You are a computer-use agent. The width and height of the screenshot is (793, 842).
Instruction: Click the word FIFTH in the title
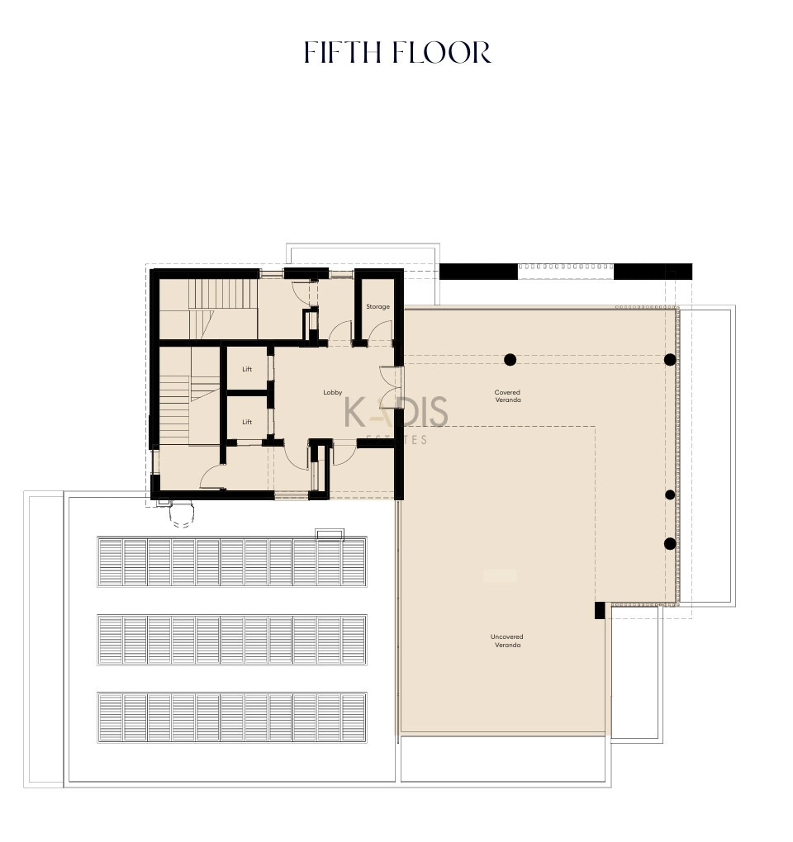coord(342,52)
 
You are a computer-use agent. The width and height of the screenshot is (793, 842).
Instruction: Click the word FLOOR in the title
coord(442,52)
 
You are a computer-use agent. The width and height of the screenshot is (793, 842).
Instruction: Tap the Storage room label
coord(378,306)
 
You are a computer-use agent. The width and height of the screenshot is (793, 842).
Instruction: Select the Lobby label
coord(333,393)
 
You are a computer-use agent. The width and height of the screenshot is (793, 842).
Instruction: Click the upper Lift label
coord(247,369)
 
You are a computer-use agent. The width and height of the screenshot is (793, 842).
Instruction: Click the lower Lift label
coord(247,422)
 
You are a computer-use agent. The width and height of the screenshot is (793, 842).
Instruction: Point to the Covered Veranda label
coord(508,395)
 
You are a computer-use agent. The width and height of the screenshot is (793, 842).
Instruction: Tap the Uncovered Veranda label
coord(506,641)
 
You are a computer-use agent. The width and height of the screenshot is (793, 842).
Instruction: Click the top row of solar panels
coord(232,561)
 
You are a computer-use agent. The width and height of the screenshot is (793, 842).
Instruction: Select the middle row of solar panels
coord(232,640)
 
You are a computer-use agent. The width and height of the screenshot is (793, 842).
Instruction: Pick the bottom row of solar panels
coord(232,718)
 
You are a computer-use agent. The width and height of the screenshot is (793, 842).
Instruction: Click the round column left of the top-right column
coord(510,360)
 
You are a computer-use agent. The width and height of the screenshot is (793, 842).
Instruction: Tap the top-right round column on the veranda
coord(670,360)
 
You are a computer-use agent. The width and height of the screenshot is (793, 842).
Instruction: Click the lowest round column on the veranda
coord(670,544)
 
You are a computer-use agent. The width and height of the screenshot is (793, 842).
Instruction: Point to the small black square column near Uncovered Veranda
coord(600,611)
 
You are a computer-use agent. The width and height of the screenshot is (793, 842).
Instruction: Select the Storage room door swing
coord(380,332)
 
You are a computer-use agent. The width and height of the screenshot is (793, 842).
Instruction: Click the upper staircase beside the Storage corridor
coord(223,309)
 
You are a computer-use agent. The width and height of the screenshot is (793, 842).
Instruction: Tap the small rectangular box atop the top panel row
coord(330,534)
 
